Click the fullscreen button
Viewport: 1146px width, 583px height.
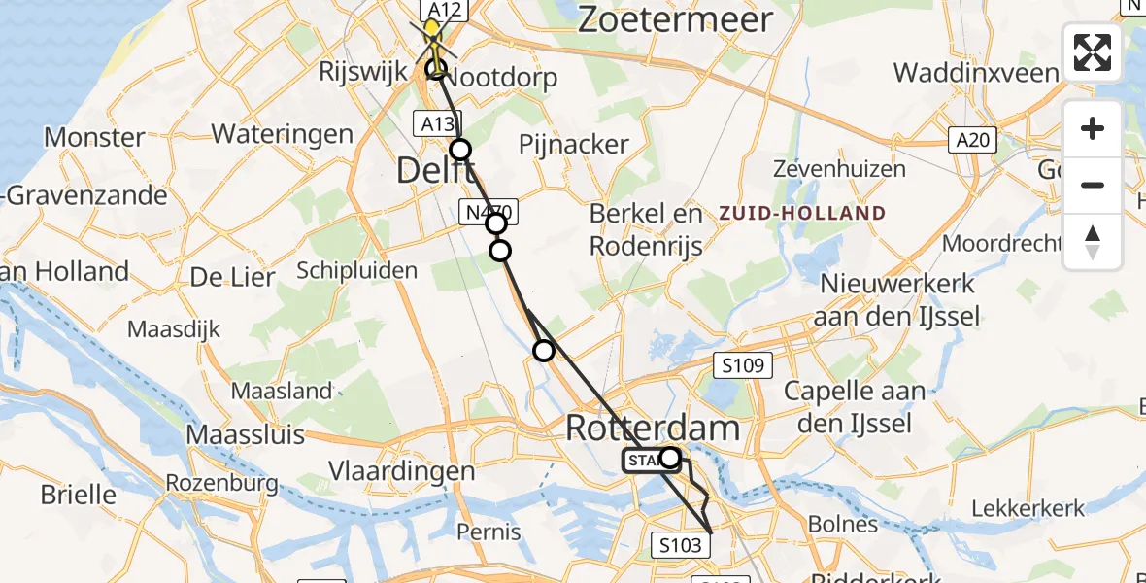(1093, 51)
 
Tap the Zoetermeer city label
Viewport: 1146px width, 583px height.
(675, 19)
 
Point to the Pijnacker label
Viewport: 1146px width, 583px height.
(574, 145)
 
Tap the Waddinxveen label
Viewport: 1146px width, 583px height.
(975, 73)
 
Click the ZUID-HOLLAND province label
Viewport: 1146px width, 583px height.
(803, 213)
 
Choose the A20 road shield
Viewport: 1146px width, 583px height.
(971, 141)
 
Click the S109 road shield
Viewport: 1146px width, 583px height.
(743, 366)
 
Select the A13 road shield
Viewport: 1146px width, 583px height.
(436, 123)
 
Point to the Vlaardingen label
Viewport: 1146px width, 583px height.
(401, 471)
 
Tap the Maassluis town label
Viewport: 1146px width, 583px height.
(245, 434)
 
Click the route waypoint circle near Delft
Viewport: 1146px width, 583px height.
(460, 150)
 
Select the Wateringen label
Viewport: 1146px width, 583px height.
(282, 133)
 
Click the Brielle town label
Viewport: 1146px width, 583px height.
(78, 495)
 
